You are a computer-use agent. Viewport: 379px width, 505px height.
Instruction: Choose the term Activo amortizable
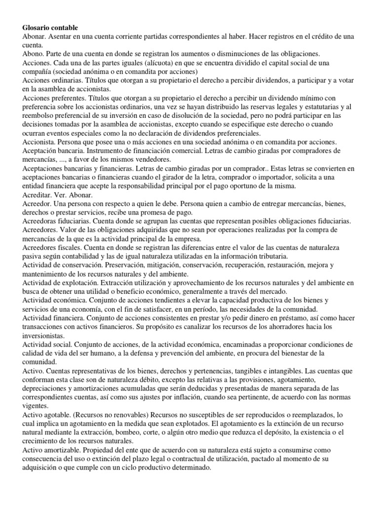tap(52, 450)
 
